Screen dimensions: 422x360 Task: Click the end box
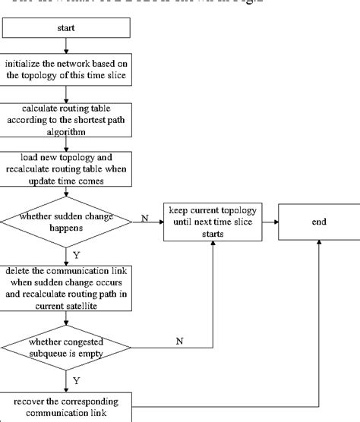[319, 222]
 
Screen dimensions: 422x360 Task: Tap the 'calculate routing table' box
[68, 119]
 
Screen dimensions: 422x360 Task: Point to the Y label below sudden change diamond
[76, 254]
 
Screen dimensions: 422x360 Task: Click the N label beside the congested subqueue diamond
[179, 341]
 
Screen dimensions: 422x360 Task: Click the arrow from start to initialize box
[68, 48]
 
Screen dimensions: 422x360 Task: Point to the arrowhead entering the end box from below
[319, 244]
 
